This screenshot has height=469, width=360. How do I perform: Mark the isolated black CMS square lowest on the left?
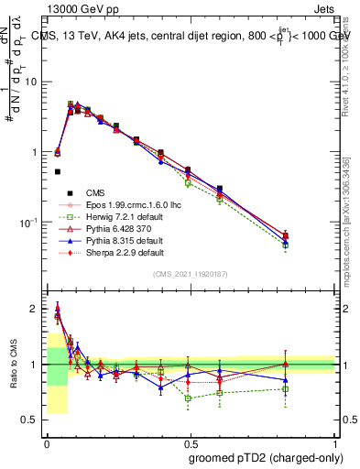[58, 171]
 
